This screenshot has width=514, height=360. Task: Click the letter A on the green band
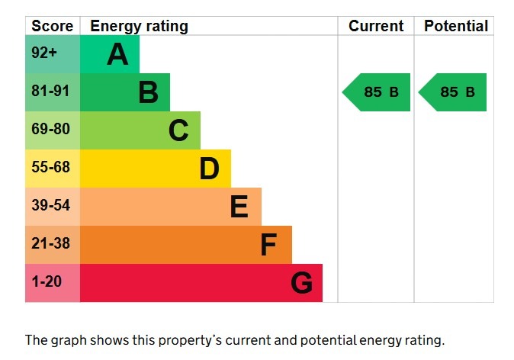tap(117, 55)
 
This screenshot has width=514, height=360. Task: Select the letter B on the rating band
tap(148, 93)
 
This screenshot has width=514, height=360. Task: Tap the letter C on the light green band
tap(178, 131)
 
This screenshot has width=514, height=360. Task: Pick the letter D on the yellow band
tap(209, 169)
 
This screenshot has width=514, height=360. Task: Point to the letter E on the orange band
tap(239, 207)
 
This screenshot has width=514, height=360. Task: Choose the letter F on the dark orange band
tap(268, 245)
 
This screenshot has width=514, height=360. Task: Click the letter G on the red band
tap(301, 284)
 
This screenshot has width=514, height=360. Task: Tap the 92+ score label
tap(44, 53)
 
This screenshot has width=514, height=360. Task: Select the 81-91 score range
tap(50, 92)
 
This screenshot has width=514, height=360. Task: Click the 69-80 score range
tap(50, 130)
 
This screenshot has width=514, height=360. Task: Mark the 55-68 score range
tap(50, 168)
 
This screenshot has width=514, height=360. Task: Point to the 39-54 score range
tap(50, 206)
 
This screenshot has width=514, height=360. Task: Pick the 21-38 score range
tap(50, 244)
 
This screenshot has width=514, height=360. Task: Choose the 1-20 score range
tap(47, 282)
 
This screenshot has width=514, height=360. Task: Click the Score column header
tap(53, 26)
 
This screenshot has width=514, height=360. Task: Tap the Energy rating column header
tap(139, 26)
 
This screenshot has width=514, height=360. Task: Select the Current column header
tap(376, 26)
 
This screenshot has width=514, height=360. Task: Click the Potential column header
tap(455, 26)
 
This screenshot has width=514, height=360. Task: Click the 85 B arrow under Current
tap(377, 92)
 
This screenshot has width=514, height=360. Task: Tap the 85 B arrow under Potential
tap(453, 92)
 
